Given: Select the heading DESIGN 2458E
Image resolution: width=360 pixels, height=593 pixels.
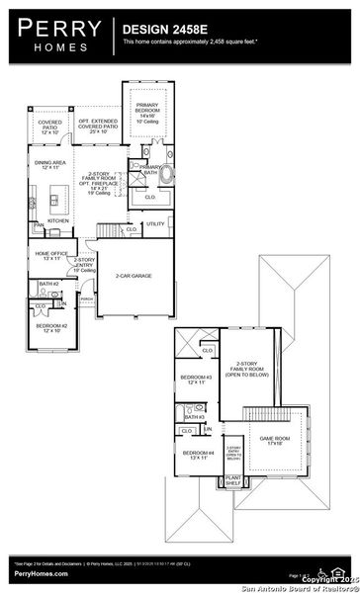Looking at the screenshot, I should tap(164, 31).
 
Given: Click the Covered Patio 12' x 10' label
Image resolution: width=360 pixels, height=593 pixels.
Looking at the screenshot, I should tap(49, 127).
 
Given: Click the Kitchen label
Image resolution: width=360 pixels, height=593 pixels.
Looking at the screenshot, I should tap(58, 219).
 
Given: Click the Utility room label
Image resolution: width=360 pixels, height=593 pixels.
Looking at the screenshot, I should tap(156, 224).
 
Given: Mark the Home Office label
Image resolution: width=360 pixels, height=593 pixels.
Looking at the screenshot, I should tap(50, 255).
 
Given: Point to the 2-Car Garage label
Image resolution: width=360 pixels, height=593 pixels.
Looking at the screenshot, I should tap(134, 276).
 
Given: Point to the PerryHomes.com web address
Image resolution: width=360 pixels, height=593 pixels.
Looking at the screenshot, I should tap(36, 573).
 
